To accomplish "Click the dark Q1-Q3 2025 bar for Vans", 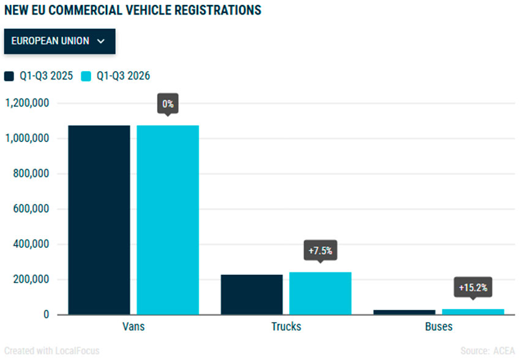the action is tap(99, 220).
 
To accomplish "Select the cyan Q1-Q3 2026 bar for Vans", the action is tap(168, 220).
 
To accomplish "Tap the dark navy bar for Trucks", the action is tap(251, 294).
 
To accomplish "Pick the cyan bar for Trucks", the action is tap(321, 293).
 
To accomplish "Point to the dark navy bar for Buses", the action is tap(404, 312).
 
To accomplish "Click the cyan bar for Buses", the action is tap(473, 312).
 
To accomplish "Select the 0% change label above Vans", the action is tap(168, 104).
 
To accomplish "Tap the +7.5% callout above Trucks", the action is tap(321, 250).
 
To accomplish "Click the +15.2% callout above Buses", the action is tap(473, 287).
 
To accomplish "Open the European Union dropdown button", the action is tap(60, 41).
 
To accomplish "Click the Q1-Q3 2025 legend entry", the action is tap(39, 76).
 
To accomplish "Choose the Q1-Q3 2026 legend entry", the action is tap(116, 76).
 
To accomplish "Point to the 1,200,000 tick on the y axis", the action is tap(27, 103).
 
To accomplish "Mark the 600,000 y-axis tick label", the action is tap(31, 209).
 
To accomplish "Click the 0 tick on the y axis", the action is tap(46, 314).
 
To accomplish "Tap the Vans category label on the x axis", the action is tap(133, 326).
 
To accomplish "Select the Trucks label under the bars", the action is tap(286, 326).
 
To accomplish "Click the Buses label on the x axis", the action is tap(439, 326).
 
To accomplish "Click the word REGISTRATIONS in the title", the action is tap(218, 10).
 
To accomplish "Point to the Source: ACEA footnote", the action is tap(488, 351).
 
